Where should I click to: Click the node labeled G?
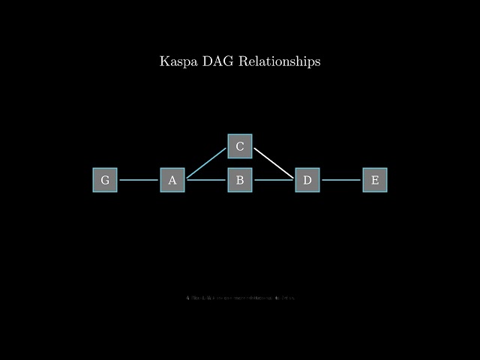click(x=105, y=180)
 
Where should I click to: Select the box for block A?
click(x=172, y=180)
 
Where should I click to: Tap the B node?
click(x=240, y=180)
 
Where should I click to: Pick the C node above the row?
click(x=240, y=146)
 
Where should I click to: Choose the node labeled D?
click(x=307, y=180)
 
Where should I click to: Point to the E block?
click(x=375, y=180)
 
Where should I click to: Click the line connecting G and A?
click(x=139, y=180)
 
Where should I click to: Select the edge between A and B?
click(x=206, y=180)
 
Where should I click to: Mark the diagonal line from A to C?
click(x=206, y=163)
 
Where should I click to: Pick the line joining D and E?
click(x=341, y=180)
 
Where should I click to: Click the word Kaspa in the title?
click(x=178, y=61)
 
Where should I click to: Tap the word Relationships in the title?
click(x=280, y=61)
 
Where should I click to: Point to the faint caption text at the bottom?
click(x=240, y=298)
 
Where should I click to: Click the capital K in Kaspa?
click(x=164, y=61)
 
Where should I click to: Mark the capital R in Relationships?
click(x=244, y=61)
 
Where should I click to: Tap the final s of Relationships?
click(x=318, y=61)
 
